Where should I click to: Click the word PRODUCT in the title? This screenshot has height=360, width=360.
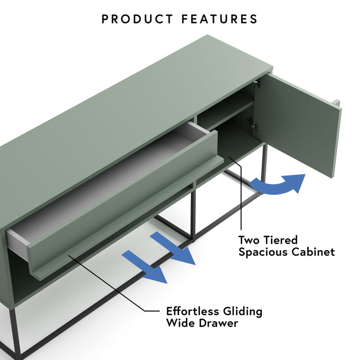(137, 20)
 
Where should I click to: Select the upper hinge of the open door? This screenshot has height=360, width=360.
(258, 83)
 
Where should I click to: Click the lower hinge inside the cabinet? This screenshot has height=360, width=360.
(251, 124)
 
